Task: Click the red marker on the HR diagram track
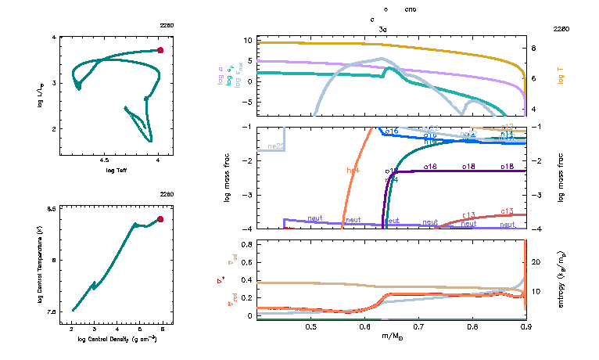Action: coord(160,50)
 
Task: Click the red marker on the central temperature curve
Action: coord(160,219)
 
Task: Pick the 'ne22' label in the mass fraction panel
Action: coord(275,146)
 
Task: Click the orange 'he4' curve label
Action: coord(353,170)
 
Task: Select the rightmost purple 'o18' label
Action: coord(507,167)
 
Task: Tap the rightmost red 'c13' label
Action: coord(507,211)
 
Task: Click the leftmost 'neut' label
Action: coord(315,218)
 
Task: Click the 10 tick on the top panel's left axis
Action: coord(246,39)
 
